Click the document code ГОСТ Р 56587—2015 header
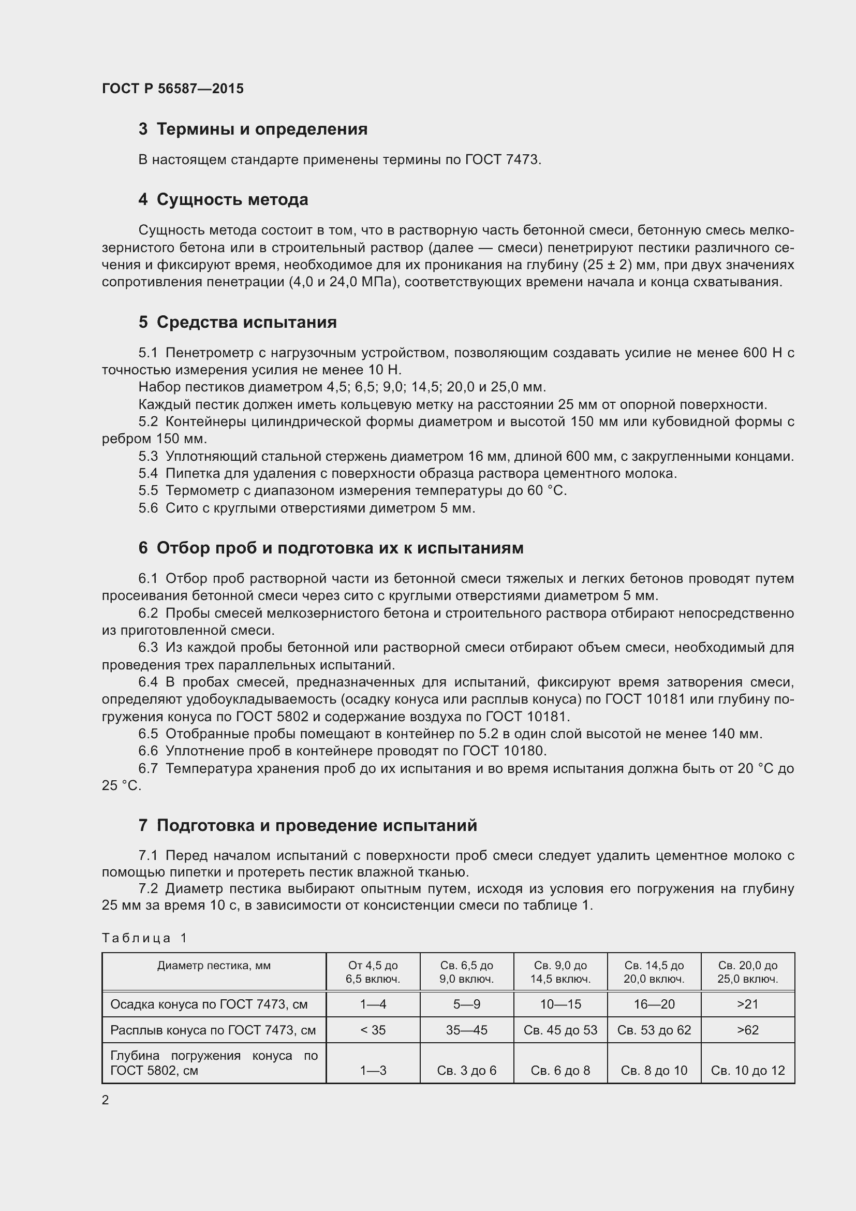click(x=172, y=89)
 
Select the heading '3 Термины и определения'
click(x=253, y=129)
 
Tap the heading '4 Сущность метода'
click(x=223, y=199)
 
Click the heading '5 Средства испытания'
click(x=237, y=322)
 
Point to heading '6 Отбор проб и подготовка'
click(x=331, y=548)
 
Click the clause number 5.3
click(x=148, y=456)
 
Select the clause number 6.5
click(x=148, y=734)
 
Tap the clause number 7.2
click(x=148, y=889)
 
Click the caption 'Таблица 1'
click(x=144, y=938)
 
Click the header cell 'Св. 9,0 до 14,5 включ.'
click(x=560, y=972)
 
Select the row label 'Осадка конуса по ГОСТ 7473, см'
click(x=209, y=1004)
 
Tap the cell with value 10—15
click(x=560, y=1004)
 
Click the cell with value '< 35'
click(x=373, y=1030)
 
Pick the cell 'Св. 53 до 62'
click(x=654, y=1030)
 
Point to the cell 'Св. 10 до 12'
click(x=747, y=1071)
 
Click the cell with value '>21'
click(x=747, y=1004)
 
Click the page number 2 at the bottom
click(x=106, y=1100)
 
